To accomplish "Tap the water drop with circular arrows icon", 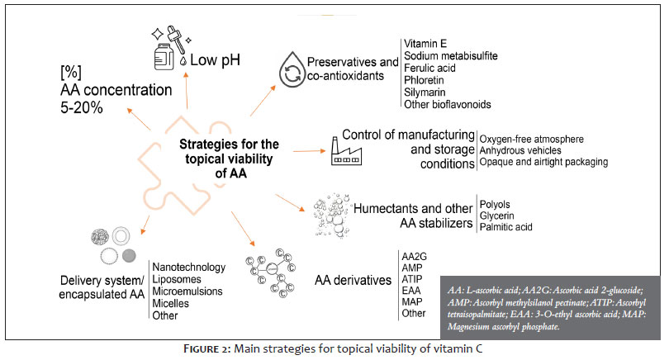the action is pyautogui.click(x=292, y=69).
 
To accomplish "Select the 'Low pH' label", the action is pyautogui.click(x=215, y=60).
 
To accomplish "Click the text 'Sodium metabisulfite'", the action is pyautogui.click(x=451, y=56).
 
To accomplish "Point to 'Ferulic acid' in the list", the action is pyautogui.click(x=429, y=69).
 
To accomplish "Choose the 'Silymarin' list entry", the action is pyautogui.click(x=425, y=92).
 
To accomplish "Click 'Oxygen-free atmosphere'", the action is pyautogui.click(x=531, y=140).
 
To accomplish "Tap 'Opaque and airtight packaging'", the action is pyautogui.click(x=543, y=162).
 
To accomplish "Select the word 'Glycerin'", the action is pyautogui.click(x=496, y=216).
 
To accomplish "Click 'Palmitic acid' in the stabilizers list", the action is pyautogui.click(x=505, y=227).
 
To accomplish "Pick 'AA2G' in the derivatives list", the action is pyautogui.click(x=414, y=257).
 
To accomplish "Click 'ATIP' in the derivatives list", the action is pyautogui.click(x=412, y=279).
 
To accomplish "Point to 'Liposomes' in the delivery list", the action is pyautogui.click(x=177, y=279).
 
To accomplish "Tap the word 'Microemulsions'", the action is pyautogui.click(x=187, y=291).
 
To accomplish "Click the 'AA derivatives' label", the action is pyautogui.click(x=353, y=280).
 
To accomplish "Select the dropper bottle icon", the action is pyautogui.click(x=170, y=47).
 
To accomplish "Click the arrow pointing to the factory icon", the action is pyautogui.click(x=309, y=151).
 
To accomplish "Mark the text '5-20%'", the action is pyautogui.click(x=82, y=107).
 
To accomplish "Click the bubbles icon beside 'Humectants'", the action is pyautogui.click(x=332, y=216).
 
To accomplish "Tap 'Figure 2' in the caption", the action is pyautogui.click(x=207, y=349).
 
